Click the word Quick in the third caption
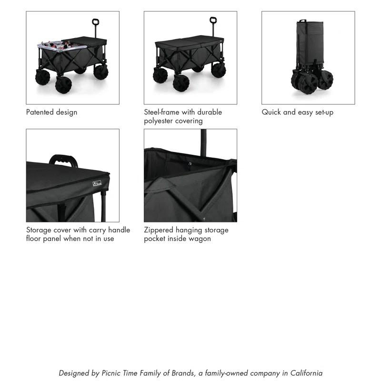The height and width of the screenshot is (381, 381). coord(271,112)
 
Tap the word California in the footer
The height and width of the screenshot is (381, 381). coord(306,373)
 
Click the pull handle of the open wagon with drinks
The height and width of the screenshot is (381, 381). coord(95,22)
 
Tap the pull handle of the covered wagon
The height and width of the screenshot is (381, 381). coord(213,21)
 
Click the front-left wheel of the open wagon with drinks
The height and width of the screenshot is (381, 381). coord(63,84)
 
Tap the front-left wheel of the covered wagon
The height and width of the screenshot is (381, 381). coord(181,83)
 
